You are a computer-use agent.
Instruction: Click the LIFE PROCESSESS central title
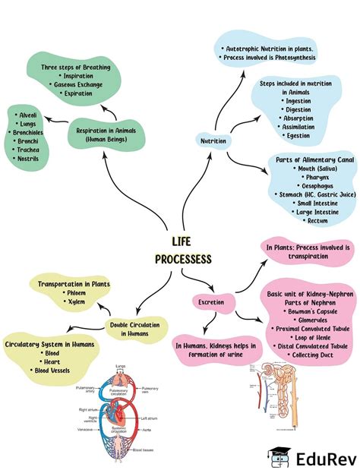tap(183, 250)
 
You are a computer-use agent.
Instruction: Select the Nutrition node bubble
tap(213, 141)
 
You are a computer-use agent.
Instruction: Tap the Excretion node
tap(210, 301)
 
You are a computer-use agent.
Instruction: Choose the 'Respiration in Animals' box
tap(106, 134)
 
